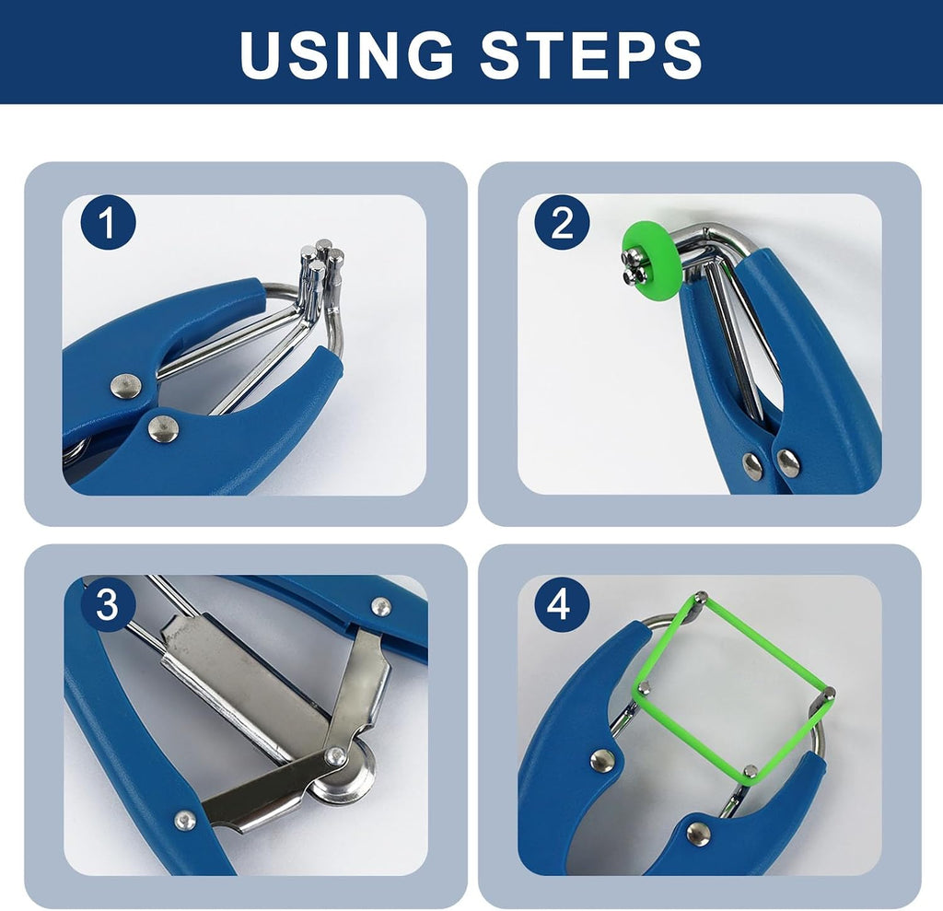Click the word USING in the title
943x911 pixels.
346,53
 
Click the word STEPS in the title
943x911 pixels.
590,53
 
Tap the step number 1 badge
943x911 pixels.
109,223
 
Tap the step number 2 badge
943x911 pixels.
562,223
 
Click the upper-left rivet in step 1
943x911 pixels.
126,386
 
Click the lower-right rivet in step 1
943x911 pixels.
163,428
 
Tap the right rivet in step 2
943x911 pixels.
788,462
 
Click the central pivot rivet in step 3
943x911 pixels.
335,756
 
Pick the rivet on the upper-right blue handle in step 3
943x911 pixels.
381,606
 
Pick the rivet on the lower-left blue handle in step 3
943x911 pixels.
184,820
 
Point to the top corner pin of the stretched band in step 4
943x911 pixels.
701,598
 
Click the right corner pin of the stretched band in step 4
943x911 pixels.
829,694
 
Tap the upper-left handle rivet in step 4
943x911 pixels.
602,761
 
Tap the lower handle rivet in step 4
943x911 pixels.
698,834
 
